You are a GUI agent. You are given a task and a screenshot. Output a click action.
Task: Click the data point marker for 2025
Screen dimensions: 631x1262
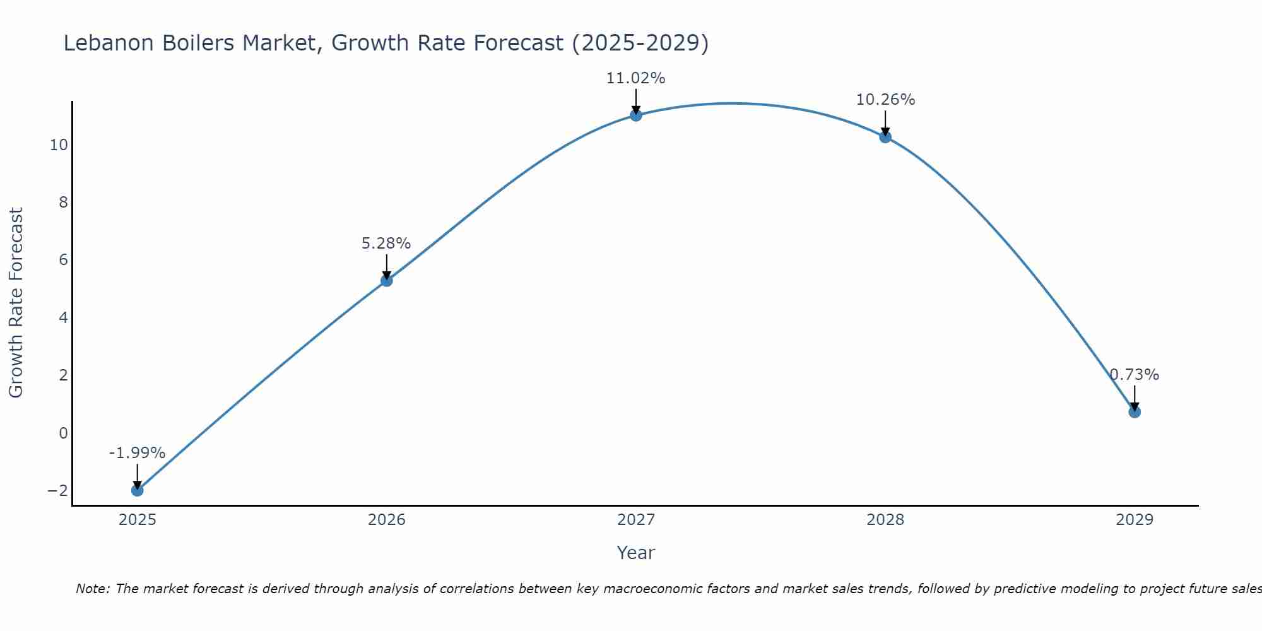click(138, 490)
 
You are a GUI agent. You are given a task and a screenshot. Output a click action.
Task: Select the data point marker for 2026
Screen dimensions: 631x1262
click(387, 280)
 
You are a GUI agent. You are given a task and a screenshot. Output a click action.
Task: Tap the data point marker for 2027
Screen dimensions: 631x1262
click(636, 115)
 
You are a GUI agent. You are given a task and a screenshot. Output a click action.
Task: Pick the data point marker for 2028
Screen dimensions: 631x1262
click(885, 136)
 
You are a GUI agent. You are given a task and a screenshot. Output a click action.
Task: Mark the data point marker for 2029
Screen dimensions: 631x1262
click(1135, 412)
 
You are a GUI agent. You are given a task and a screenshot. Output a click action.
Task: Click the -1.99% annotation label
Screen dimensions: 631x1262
click(137, 453)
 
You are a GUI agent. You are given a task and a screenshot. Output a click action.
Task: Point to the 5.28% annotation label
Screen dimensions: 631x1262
click(386, 244)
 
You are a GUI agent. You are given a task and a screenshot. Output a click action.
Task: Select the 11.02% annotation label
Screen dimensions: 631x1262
click(635, 78)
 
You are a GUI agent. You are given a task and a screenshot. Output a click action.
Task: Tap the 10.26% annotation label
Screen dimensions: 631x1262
click(885, 100)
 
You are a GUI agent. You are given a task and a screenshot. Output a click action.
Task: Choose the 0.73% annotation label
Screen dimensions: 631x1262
click(1135, 375)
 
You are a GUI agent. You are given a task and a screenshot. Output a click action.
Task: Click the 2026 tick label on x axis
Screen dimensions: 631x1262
click(387, 520)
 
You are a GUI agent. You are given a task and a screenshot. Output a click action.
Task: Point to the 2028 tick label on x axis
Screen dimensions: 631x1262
click(885, 520)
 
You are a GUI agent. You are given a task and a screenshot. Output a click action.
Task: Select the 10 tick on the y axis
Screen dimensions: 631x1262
click(59, 145)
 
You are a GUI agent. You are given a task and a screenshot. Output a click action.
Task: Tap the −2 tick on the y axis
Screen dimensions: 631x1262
click(57, 490)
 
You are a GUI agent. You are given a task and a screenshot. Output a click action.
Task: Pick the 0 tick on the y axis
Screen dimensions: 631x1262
click(63, 433)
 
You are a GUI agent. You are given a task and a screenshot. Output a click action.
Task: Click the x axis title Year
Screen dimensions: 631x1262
click(635, 553)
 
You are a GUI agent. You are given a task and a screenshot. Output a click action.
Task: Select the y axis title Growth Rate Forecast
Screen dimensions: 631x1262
click(16, 303)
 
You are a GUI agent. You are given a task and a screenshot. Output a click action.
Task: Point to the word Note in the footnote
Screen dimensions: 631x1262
click(92, 589)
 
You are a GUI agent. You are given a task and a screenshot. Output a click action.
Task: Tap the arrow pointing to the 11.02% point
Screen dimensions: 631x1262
click(636, 101)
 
